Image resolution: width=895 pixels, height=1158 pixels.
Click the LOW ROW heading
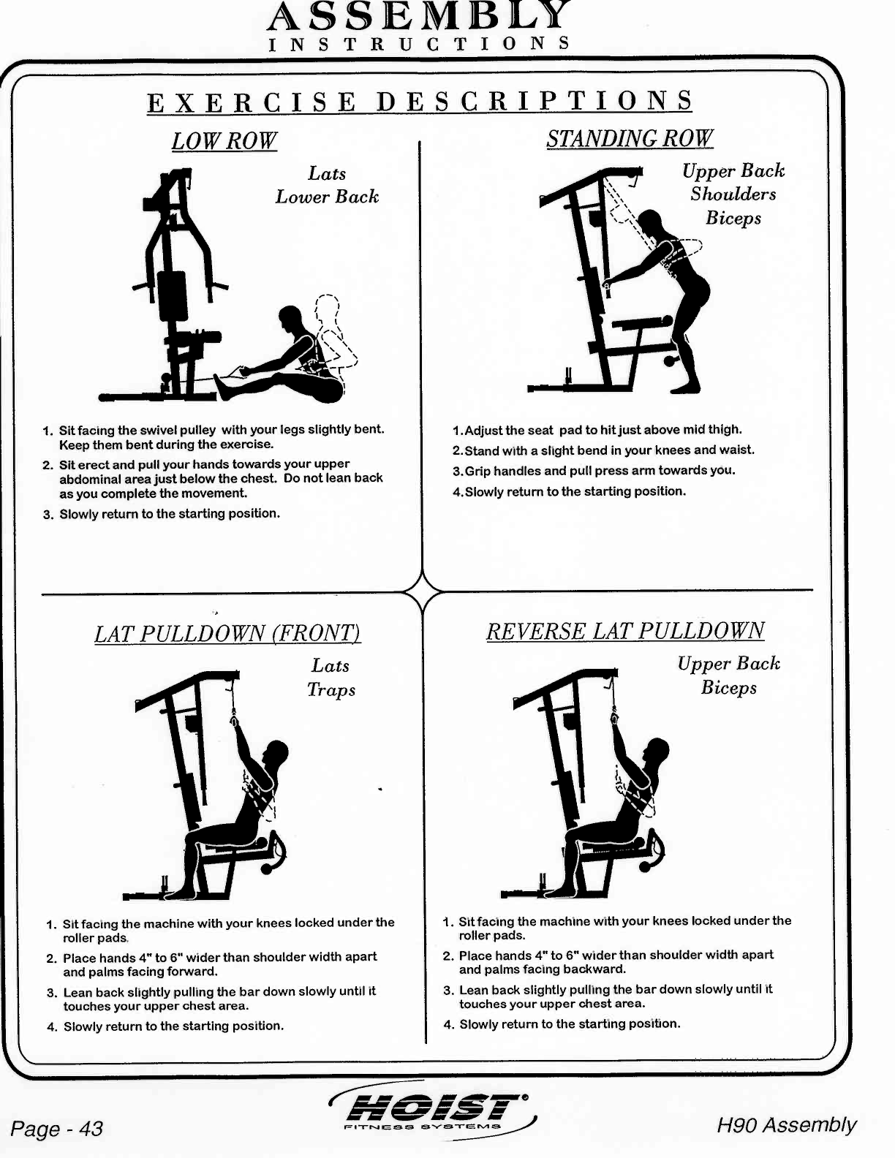click(x=224, y=140)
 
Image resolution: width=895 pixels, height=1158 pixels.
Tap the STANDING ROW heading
click(x=630, y=138)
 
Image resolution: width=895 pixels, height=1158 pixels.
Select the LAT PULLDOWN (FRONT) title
click(x=227, y=633)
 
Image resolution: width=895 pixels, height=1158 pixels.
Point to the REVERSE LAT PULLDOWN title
click(x=625, y=631)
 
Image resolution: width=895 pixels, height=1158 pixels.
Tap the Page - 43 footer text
click(x=57, y=1128)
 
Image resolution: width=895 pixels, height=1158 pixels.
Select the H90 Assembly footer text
click(x=786, y=1124)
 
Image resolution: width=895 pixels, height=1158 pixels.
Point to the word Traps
click(x=331, y=689)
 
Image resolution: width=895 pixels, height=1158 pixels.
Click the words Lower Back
click(x=327, y=197)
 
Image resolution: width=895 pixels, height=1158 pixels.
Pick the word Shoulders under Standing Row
click(x=733, y=194)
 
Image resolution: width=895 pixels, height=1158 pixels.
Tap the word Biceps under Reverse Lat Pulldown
click(x=729, y=687)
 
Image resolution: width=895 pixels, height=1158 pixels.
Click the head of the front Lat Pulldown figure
click(x=277, y=753)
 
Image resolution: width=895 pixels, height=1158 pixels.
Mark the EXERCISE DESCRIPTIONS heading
click(x=420, y=101)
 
